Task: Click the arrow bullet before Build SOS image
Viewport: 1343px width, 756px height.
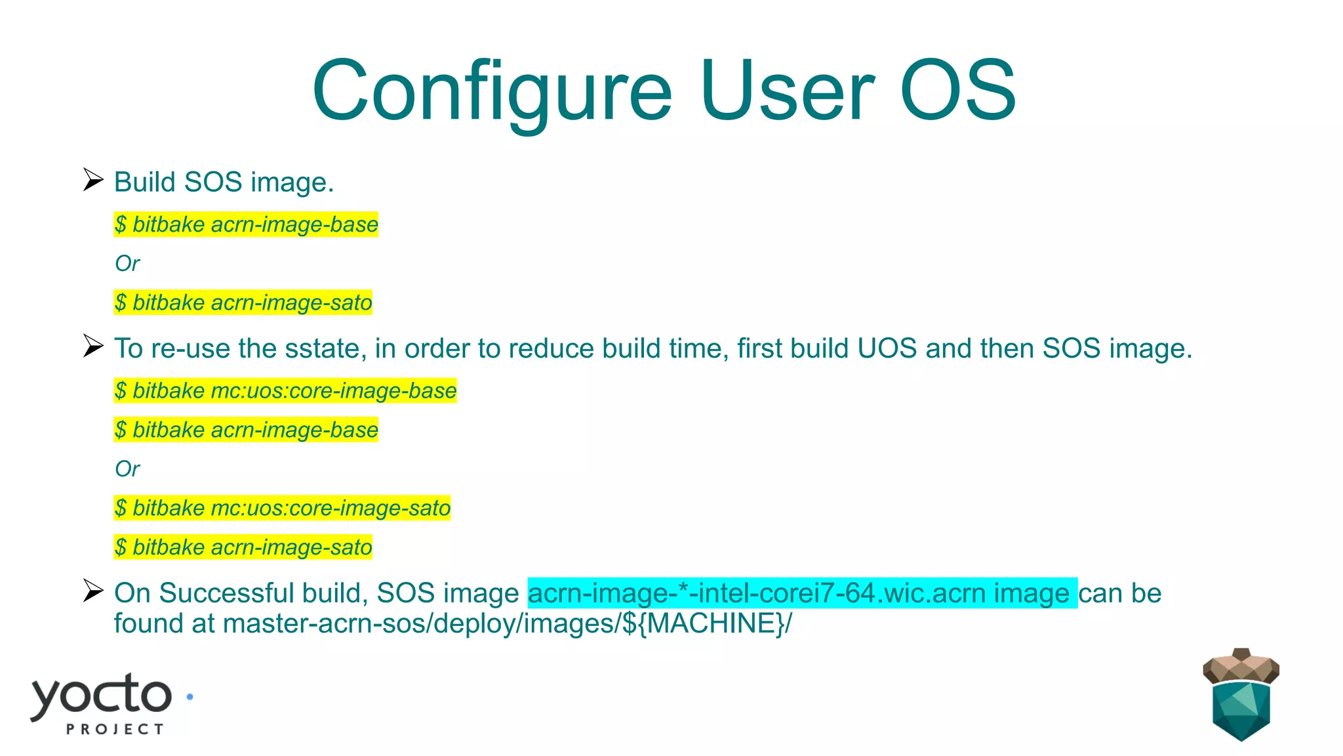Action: [93, 179]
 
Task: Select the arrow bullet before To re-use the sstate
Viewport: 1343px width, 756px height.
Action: [93, 346]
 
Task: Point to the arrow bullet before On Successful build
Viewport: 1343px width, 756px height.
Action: [93, 591]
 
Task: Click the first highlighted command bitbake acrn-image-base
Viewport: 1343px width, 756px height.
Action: [246, 224]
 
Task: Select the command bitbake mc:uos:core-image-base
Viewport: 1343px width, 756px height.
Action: [285, 390]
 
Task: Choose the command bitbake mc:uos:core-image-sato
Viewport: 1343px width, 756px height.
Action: [282, 508]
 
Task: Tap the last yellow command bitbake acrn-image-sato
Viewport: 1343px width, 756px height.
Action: [243, 547]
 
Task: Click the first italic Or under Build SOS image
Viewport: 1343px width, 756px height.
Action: [127, 264]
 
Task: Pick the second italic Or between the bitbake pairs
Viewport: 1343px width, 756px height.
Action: [127, 469]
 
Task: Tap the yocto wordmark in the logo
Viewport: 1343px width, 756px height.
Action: [102, 696]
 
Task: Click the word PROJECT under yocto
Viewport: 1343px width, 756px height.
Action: [115, 729]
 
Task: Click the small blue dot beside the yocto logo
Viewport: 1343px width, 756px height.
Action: [190, 697]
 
